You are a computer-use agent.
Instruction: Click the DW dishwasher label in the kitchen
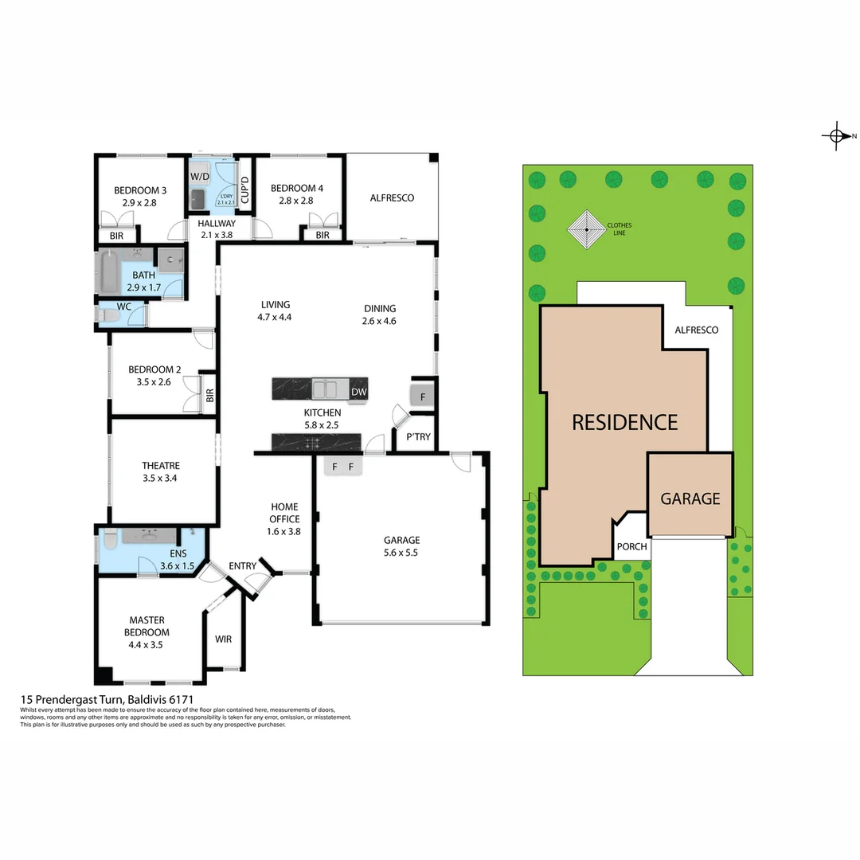click(x=358, y=392)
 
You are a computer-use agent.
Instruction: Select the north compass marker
click(x=835, y=136)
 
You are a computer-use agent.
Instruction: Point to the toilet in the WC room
click(x=107, y=316)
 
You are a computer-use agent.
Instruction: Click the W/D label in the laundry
click(x=199, y=176)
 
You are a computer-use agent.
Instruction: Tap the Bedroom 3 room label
click(x=140, y=190)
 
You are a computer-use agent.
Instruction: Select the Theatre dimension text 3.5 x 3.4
click(x=161, y=479)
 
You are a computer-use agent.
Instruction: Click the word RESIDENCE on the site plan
click(x=624, y=422)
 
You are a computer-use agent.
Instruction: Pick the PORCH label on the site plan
click(x=632, y=547)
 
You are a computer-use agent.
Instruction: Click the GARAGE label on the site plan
click(x=690, y=498)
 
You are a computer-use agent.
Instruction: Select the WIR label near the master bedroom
click(x=223, y=639)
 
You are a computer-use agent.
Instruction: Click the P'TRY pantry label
click(x=418, y=437)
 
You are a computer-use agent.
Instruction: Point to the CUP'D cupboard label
click(x=245, y=191)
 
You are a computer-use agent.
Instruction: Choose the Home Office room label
click(x=284, y=513)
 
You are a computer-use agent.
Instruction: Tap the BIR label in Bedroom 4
click(x=322, y=235)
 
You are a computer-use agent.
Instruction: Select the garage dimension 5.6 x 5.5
click(x=401, y=552)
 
